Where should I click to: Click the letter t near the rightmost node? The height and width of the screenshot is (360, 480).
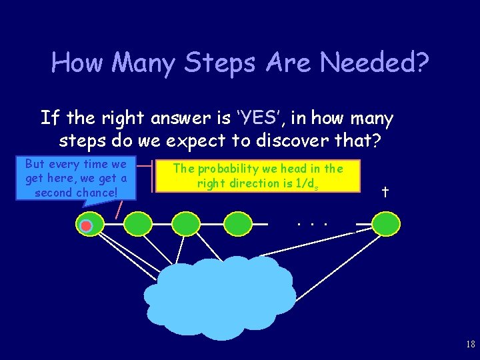[x=385, y=193]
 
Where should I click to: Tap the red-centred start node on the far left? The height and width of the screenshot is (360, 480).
[x=87, y=225]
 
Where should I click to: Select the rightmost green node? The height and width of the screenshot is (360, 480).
[x=385, y=225]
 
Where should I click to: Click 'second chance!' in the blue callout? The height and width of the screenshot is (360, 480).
[x=76, y=193]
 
